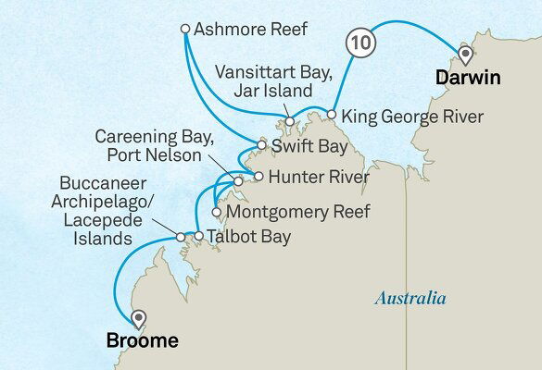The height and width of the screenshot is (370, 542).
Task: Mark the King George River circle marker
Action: (331, 115)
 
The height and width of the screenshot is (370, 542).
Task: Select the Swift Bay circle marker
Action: (263, 145)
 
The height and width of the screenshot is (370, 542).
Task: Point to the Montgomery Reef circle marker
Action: (216, 210)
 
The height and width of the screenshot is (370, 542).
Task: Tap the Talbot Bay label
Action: (248, 237)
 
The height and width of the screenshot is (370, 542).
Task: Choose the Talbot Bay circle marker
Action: (198, 237)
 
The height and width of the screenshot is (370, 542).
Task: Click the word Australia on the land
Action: (410, 298)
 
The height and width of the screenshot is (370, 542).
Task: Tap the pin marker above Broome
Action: (139, 318)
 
